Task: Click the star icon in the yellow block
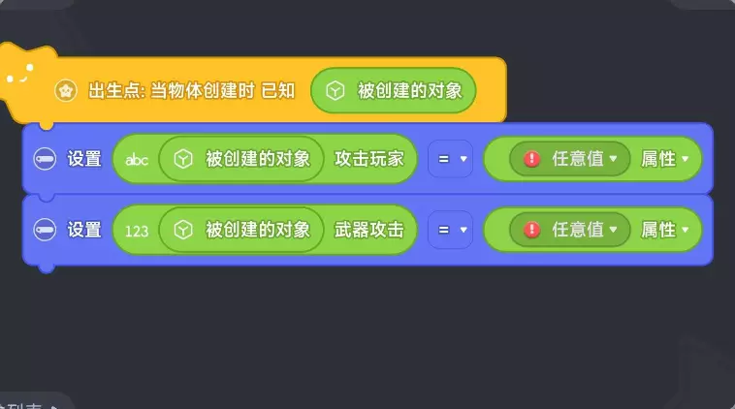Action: [x=66, y=91]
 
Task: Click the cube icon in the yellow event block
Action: [x=336, y=91]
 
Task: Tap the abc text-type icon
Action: [x=137, y=160]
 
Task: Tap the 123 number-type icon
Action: [x=137, y=231]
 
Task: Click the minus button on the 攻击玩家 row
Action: [x=45, y=159]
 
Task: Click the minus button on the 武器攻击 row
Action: [x=45, y=230]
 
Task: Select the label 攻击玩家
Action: [x=368, y=159]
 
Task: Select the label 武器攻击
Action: [x=368, y=230]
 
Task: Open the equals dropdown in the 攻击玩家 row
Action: [x=451, y=159]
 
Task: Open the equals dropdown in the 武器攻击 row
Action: [x=451, y=230]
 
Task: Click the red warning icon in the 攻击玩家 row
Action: [x=531, y=159]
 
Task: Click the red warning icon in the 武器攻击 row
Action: [x=531, y=230]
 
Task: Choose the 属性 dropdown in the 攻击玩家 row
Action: [x=664, y=159]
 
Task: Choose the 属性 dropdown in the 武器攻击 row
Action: [x=664, y=230]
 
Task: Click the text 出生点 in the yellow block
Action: [x=113, y=91]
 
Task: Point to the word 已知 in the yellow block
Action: [x=278, y=91]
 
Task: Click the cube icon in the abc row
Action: [x=183, y=159]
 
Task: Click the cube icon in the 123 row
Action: [x=183, y=230]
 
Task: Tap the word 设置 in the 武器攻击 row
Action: [x=84, y=230]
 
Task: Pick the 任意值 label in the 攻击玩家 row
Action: [x=578, y=159]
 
